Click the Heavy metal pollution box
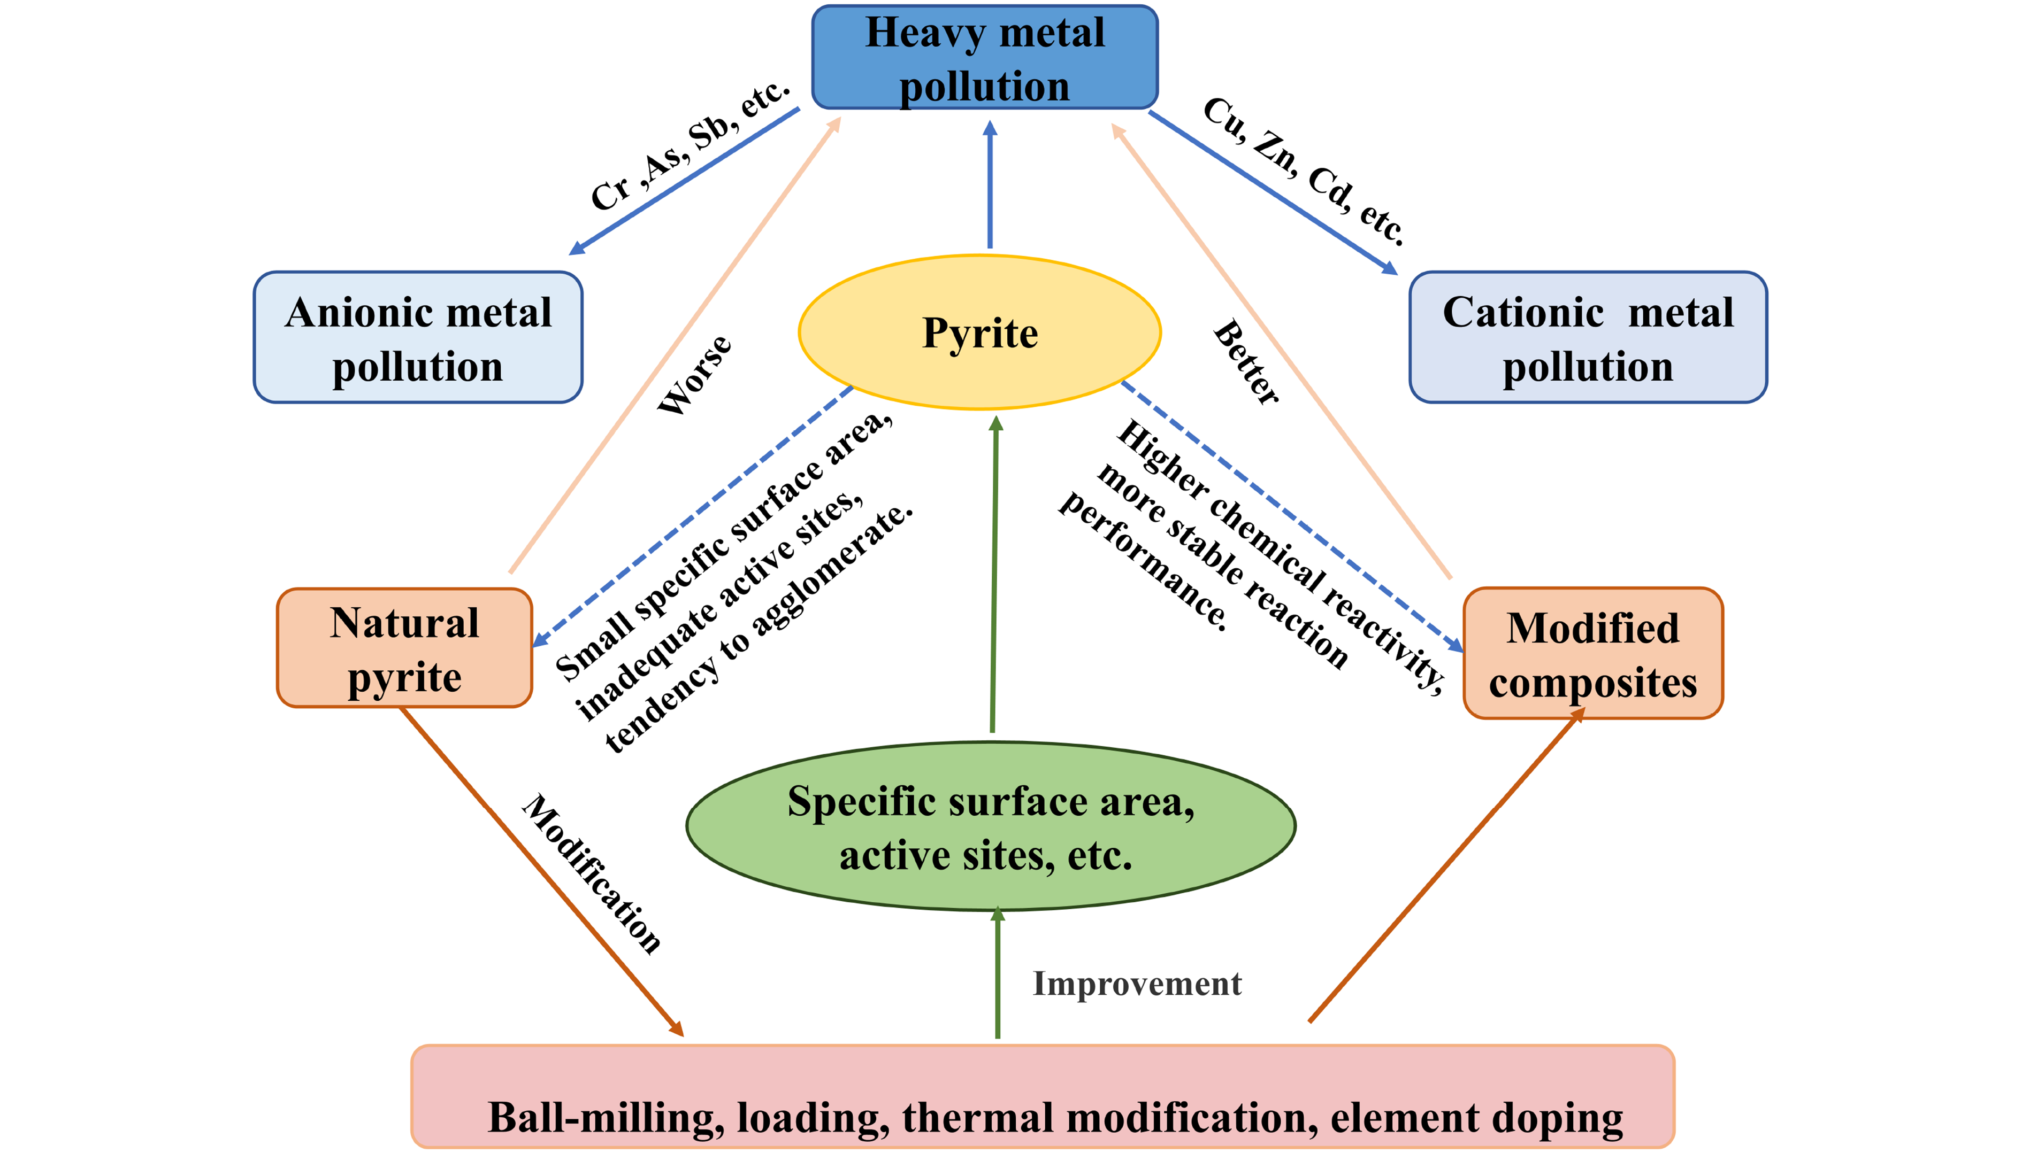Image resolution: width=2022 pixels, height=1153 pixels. pyautogui.click(x=984, y=58)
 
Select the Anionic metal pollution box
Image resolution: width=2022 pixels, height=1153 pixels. pyautogui.click(x=418, y=337)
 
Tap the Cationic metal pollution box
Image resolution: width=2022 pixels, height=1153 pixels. pyautogui.click(x=1587, y=337)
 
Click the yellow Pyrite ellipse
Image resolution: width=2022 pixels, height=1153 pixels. pyautogui.click(x=979, y=332)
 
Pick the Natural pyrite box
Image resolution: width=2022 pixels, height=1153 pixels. pyautogui.click(x=404, y=648)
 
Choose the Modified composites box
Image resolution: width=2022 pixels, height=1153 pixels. pyautogui.click(x=1592, y=653)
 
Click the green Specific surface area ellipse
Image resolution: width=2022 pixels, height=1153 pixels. pyautogui.click(x=990, y=826)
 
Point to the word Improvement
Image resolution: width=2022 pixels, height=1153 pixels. pyautogui.click(x=1136, y=984)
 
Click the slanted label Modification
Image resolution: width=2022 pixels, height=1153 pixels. pyautogui.click(x=592, y=873)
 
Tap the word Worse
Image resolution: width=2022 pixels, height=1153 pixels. pyautogui.click(x=695, y=375)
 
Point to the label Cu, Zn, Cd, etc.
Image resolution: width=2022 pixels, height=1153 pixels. pyautogui.click(x=1304, y=171)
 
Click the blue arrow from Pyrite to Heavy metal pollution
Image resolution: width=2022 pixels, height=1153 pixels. pyautogui.click(x=990, y=186)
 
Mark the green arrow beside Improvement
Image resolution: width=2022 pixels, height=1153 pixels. pyautogui.click(x=998, y=974)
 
